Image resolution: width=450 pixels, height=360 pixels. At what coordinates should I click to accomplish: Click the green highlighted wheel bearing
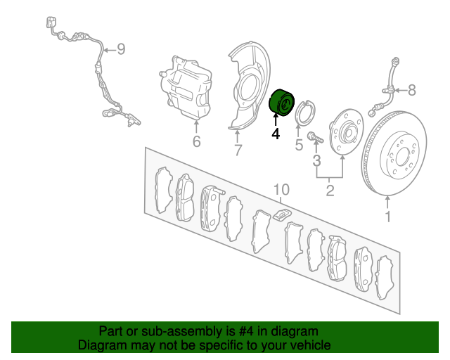pos(281,103)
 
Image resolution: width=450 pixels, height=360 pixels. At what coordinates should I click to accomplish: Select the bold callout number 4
pos(276,134)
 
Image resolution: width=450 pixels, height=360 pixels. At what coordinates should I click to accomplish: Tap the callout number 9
pos(121,49)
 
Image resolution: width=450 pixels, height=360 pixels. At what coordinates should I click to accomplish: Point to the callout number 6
pos(196,141)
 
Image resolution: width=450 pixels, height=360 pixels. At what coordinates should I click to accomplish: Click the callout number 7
pos(238,150)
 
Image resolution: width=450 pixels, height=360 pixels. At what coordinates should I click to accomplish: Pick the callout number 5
pos(299,144)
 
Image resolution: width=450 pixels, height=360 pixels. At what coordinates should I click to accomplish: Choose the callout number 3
pos(316,161)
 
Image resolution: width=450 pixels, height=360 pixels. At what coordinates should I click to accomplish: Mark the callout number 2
pos(330,191)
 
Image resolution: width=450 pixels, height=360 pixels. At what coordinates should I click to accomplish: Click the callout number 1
pos(388,217)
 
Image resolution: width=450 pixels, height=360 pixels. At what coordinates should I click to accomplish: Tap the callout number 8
pos(412,90)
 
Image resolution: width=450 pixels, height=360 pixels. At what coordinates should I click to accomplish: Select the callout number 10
pos(281,189)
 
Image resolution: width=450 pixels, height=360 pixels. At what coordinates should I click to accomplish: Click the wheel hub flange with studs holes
pos(346,131)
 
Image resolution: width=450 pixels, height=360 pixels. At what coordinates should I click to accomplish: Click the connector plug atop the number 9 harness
pos(51,22)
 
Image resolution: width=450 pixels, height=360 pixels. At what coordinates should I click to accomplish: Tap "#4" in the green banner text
pos(246,331)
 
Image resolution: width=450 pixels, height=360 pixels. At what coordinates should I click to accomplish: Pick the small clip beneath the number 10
pos(282,214)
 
